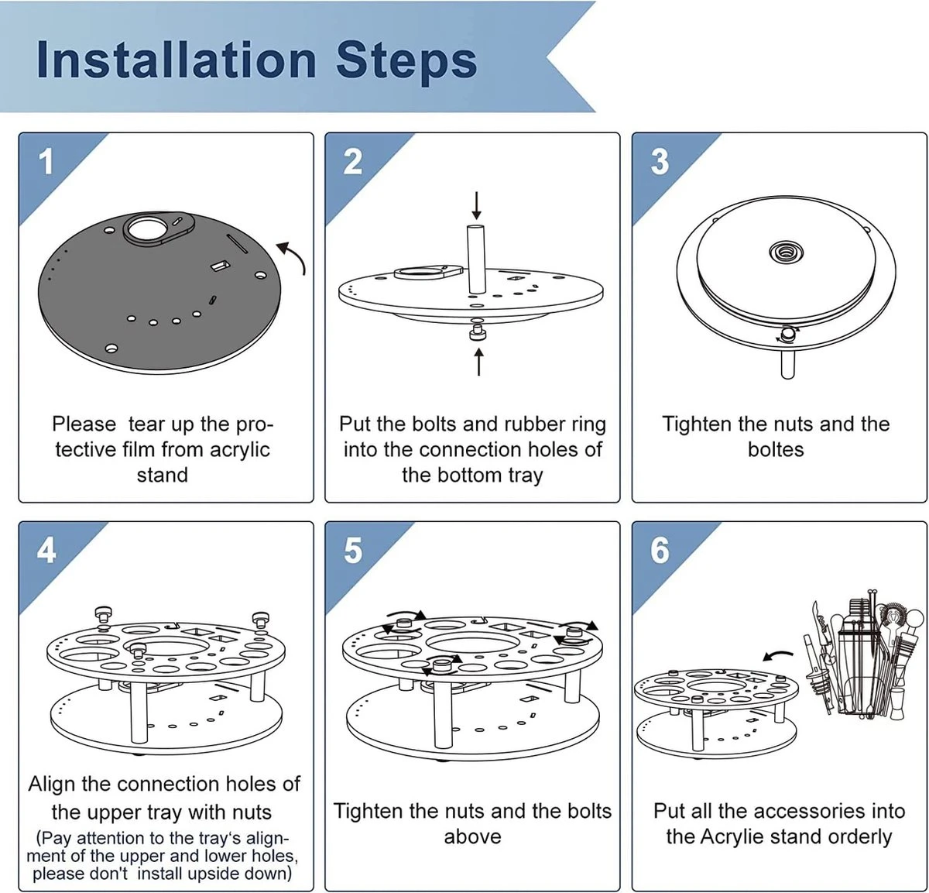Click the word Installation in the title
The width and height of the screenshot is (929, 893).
coord(177,60)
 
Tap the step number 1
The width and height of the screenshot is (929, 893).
coord(46,163)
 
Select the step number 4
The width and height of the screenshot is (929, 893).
coord(46,551)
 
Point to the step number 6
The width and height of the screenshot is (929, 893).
coord(660,551)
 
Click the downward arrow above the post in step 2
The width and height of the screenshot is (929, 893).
coord(476,205)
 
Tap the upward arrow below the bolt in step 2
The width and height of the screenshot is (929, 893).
coord(479,362)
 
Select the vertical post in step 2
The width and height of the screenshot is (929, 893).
coord(475,259)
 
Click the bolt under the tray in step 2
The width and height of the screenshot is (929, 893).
coord(477,334)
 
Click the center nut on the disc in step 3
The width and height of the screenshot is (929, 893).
coord(785,251)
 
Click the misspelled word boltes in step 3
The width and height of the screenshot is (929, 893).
coord(776,450)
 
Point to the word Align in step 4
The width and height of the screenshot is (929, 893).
coord(52,785)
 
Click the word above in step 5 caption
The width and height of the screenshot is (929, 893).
coord(472,837)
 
